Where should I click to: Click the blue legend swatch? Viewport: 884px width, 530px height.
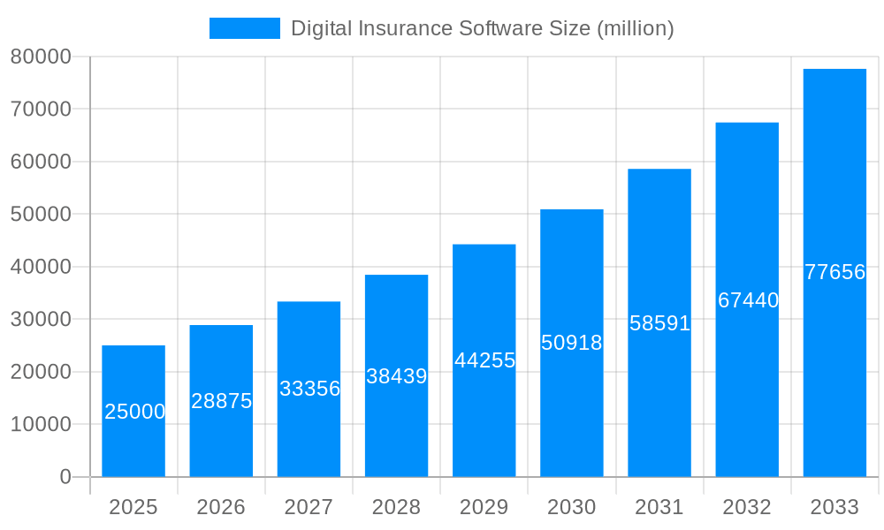(245, 28)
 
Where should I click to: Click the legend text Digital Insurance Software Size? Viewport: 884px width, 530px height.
(482, 28)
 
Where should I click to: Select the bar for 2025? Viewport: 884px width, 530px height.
(133, 411)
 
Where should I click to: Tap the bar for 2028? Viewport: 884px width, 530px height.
(396, 375)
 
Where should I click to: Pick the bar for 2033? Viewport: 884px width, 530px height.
(834, 272)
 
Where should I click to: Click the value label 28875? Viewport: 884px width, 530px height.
(222, 401)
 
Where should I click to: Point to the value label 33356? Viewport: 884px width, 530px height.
(309, 389)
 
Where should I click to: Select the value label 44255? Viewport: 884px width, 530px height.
(484, 360)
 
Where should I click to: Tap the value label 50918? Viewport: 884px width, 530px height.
(571, 343)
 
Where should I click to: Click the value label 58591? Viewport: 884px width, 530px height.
(659, 323)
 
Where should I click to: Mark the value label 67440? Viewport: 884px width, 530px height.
(748, 300)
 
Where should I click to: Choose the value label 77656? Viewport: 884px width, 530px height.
(834, 272)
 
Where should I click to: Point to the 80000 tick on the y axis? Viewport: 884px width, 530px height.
(41, 57)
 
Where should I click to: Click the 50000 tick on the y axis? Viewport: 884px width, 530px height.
(41, 214)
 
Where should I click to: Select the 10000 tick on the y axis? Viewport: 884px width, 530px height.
(41, 424)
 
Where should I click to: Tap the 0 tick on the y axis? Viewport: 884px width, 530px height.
(65, 477)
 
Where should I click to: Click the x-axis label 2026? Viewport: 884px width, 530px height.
(221, 507)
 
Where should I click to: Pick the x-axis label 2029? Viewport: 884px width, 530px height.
(484, 507)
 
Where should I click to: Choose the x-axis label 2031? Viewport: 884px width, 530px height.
(659, 507)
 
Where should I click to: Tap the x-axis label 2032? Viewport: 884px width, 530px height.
(747, 507)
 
